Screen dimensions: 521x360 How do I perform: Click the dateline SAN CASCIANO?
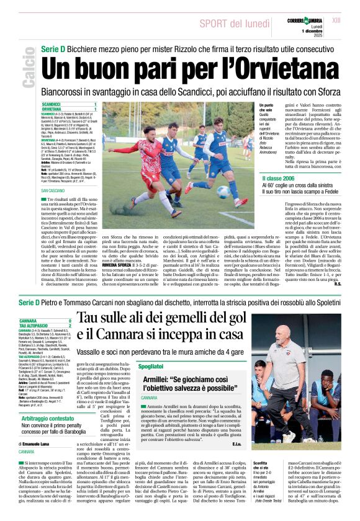tap(53, 190)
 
